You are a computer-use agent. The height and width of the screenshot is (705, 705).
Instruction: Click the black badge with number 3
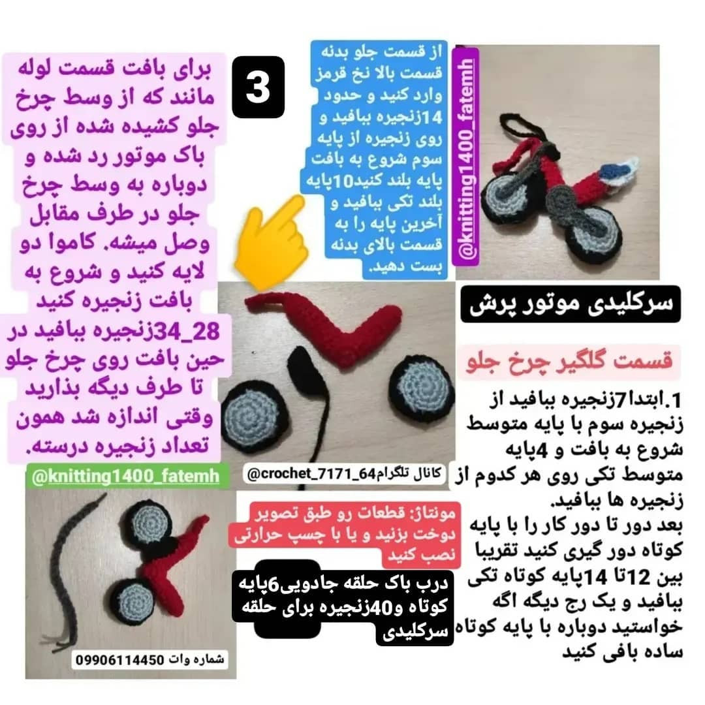point(258,87)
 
